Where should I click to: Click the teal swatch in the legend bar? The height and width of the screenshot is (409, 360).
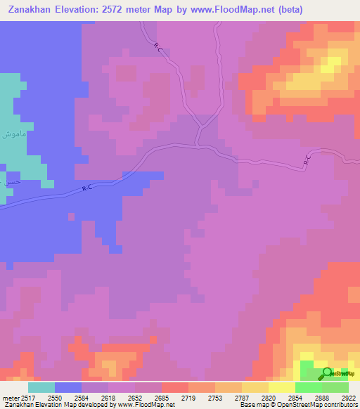[41, 387]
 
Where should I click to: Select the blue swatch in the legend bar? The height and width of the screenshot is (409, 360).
[68, 387]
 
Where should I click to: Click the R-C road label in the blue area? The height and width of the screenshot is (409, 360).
[87, 188]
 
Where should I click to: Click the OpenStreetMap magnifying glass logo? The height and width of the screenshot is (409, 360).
[326, 373]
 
